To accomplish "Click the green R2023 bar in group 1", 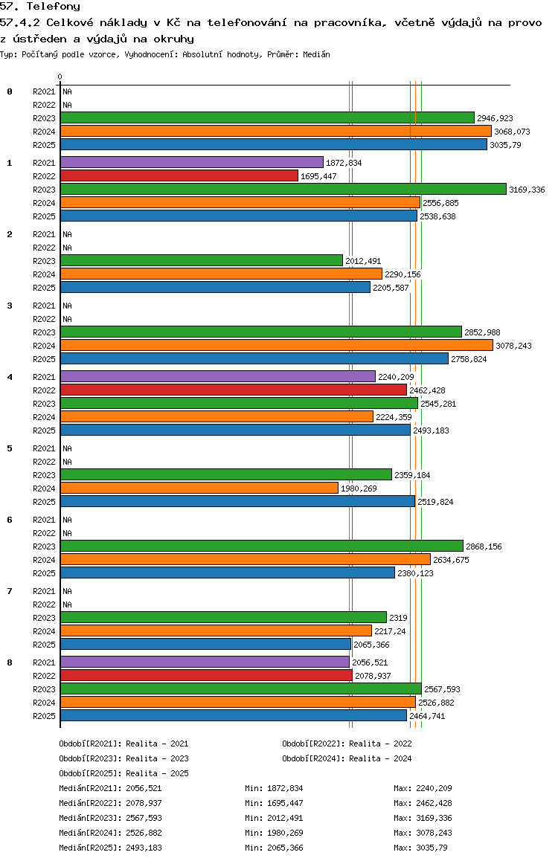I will tap(283, 190).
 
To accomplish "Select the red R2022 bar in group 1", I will tap(179, 176).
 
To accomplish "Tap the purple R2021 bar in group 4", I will tap(217, 377).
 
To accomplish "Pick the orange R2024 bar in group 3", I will tap(276, 346).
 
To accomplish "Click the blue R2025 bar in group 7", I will tap(205, 645).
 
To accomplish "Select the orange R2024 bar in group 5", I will tap(199, 488).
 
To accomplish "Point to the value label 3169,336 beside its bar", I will tap(527, 190).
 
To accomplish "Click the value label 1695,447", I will tap(318, 176).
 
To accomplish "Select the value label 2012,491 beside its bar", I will tap(363, 261).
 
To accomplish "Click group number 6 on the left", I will tap(10, 520).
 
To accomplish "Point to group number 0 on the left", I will tap(10, 91).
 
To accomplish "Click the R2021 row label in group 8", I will tap(44, 662).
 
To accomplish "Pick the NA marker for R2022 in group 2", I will tap(67, 248).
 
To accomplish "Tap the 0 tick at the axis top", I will tap(60, 77).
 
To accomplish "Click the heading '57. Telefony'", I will tap(40, 7).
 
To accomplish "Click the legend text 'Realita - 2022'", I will tap(380, 744).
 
